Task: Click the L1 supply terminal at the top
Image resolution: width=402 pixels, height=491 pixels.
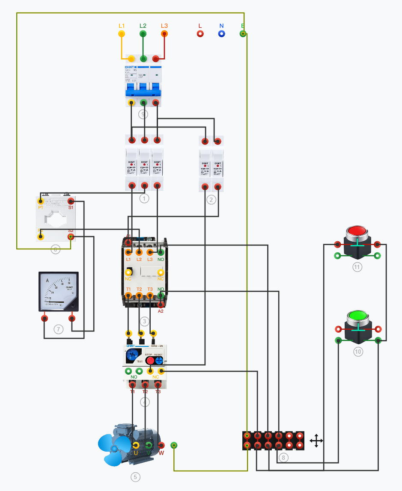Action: point(122,34)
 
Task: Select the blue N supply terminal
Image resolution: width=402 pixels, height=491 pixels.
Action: point(221,34)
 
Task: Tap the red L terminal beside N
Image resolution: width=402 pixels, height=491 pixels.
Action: point(200,34)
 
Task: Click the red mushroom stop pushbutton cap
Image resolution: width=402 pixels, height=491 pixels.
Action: point(356,232)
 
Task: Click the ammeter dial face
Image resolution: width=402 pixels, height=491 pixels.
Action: point(58,291)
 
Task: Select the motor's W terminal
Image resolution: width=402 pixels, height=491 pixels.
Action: point(161,445)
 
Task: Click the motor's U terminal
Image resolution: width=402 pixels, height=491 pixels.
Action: point(136,445)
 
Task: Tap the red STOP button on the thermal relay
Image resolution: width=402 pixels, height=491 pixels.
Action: point(150,360)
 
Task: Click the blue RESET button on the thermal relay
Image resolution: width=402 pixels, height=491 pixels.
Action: point(159,360)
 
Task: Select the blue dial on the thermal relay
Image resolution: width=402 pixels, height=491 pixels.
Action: point(132,355)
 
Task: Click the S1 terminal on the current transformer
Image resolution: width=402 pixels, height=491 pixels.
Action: point(71,201)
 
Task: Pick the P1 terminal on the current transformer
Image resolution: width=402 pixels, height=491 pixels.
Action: point(41,201)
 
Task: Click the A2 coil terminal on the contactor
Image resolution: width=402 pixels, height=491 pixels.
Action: point(161,305)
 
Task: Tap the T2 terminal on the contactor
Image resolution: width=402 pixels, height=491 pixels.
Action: point(139,295)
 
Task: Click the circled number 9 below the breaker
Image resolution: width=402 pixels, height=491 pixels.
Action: point(143,114)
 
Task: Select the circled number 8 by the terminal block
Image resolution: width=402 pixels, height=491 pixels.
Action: point(283,458)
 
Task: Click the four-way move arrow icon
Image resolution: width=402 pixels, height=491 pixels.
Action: point(316,441)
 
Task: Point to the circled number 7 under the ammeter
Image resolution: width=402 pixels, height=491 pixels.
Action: point(59,329)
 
